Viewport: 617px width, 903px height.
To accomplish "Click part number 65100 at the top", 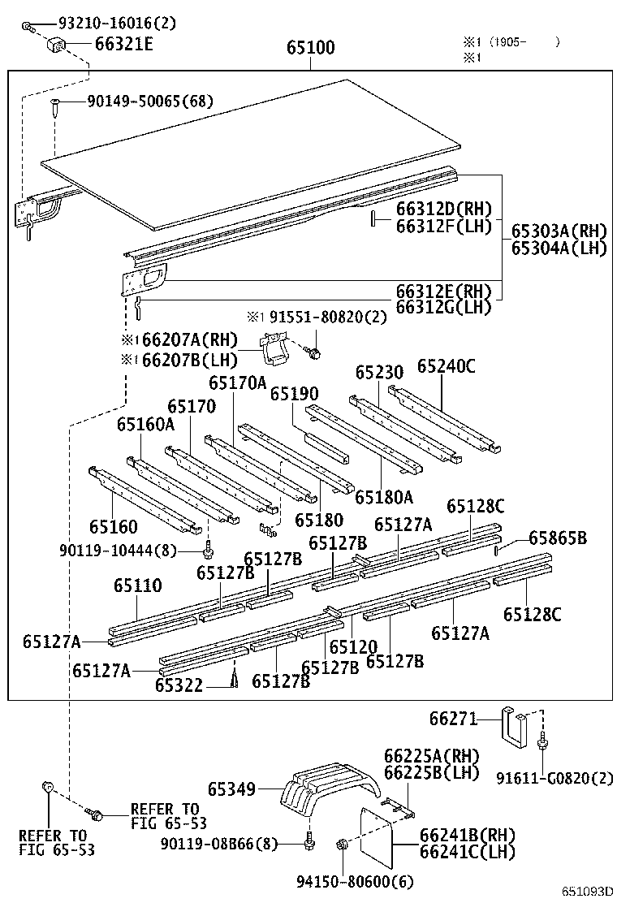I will point(310,48).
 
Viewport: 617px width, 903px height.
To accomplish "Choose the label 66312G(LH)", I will point(443,307).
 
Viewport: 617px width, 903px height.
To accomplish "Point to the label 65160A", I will point(145,424).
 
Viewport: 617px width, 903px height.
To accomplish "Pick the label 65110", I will point(137,585).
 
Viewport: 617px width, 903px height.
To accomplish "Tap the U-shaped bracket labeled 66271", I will point(512,730).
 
